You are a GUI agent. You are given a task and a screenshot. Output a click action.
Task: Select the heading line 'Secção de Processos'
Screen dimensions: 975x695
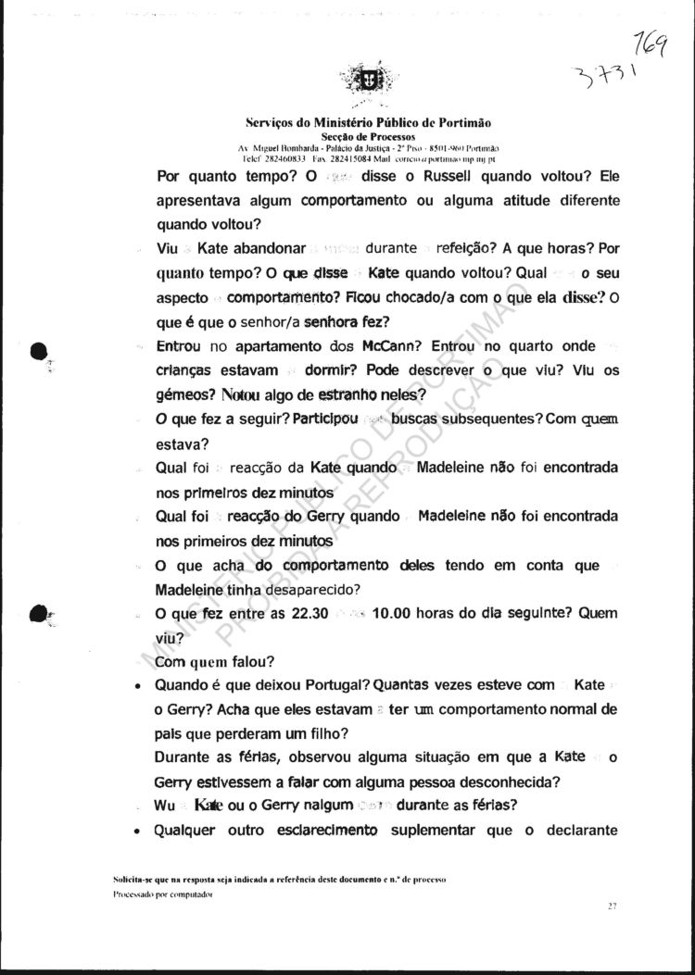pos(368,136)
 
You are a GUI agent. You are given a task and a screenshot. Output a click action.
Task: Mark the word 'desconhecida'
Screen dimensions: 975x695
pos(503,781)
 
